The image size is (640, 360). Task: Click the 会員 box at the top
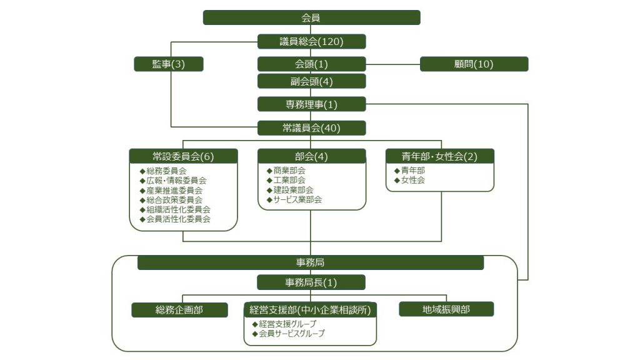(311, 17)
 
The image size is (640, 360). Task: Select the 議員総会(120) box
(311, 42)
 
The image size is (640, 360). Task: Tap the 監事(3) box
(169, 64)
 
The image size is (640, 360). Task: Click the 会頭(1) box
(311, 64)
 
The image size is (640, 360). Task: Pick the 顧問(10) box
(474, 64)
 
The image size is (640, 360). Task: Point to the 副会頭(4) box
(311, 81)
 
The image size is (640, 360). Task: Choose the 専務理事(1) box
(311, 104)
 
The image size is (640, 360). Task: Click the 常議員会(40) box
(311, 127)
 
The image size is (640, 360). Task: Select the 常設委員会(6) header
(183, 156)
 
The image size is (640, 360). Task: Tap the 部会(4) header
(311, 156)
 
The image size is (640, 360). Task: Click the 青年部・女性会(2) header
(439, 156)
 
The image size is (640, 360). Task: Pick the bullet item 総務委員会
(163, 171)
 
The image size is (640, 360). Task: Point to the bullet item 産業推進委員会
(171, 191)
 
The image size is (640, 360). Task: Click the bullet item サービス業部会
(294, 199)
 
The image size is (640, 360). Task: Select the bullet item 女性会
(409, 180)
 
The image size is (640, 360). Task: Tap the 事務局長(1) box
(311, 282)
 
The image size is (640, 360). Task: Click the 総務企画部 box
(179, 310)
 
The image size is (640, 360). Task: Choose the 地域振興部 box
(446, 309)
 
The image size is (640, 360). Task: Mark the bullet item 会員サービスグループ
(289, 334)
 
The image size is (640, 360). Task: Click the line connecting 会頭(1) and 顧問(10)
(393, 64)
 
